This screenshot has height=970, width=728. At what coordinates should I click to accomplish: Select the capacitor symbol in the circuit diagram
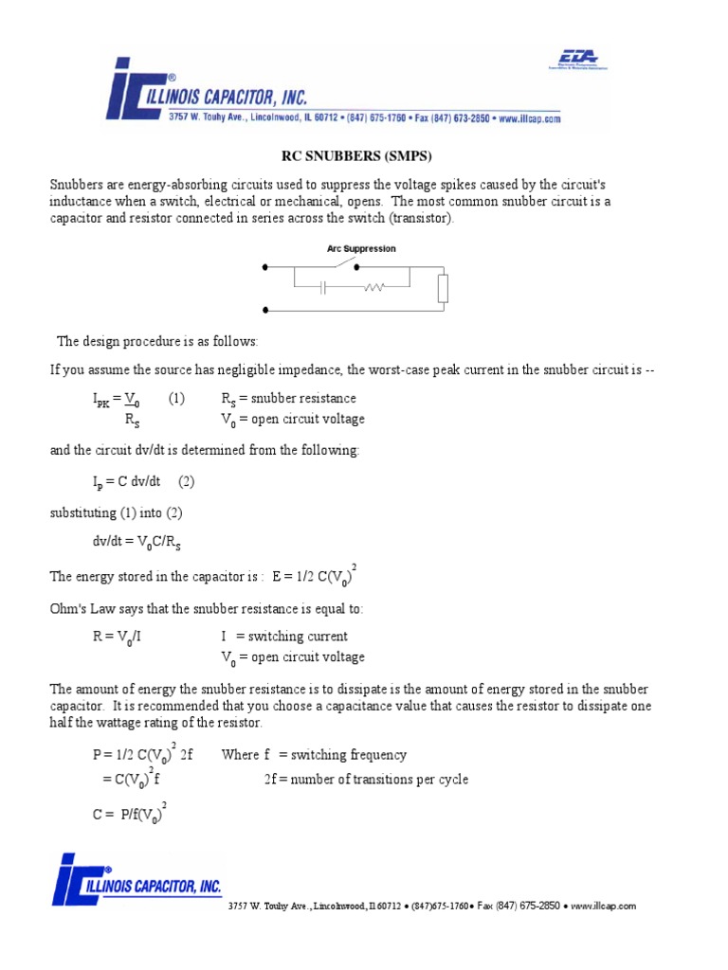(x=323, y=286)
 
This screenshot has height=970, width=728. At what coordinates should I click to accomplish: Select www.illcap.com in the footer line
(x=603, y=906)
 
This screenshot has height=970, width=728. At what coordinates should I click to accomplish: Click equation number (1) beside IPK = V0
(x=177, y=399)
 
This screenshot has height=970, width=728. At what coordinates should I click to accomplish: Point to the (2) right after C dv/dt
(x=185, y=481)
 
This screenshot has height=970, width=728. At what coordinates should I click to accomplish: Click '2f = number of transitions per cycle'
(x=366, y=780)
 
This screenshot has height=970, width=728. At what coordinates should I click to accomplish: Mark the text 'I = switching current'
(x=284, y=637)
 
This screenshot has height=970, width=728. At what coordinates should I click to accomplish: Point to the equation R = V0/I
(x=117, y=638)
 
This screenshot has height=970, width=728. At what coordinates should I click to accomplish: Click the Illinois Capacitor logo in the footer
(x=137, y=880)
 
